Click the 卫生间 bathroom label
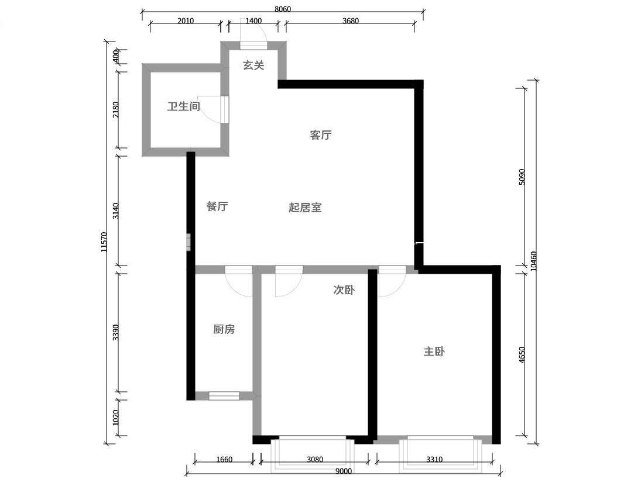[184, 106]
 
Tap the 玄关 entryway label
[253, 66]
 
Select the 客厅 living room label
[321, 135]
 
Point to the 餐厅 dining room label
[217, 206]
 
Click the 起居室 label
[306, 208]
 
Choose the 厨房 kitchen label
[224, 329]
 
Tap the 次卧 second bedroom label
[344, 290]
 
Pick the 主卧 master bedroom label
[434, 351]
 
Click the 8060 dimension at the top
[283, 9]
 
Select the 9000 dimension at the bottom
[344, 471]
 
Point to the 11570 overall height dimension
[104, 242]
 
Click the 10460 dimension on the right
[533, 261]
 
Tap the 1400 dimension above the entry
[253, 21]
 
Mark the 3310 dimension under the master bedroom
[434, 459]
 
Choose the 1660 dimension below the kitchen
[224, 459]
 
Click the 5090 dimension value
[522, 177]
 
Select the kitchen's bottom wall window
[224, 395]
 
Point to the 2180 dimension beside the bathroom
[116, 110]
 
